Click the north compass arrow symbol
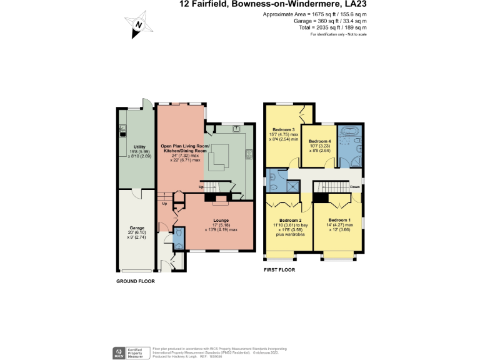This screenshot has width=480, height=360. click(141, 26)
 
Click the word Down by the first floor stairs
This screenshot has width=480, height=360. click(355, 186)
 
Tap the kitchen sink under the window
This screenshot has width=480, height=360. click(237, 129)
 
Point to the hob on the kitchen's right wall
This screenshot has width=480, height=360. click(249, 153)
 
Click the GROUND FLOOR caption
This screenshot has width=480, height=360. click(136, 281)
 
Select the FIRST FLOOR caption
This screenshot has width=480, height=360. click(279, 270)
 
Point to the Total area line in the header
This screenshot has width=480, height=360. click(331, 27)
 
